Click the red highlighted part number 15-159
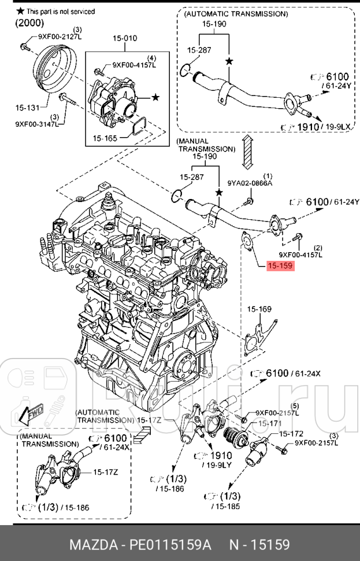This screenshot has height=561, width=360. click(280, 267)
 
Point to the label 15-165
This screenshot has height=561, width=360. click(105, 138)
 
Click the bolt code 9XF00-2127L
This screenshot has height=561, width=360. click(60, 36)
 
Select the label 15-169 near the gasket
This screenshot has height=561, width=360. click(259, 309)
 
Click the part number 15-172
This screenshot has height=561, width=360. click(291, 433)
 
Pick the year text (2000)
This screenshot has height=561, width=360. click(29, 23)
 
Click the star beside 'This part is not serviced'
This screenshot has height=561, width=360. click(20, 12)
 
